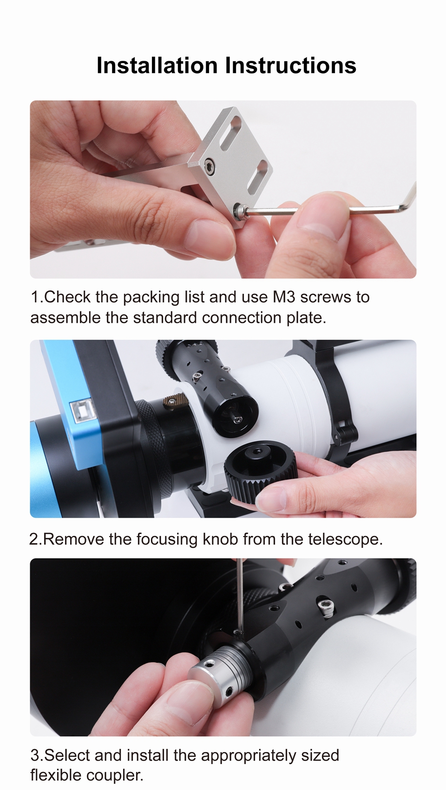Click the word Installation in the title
click(x=157, y=65)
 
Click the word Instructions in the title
click(x=291, y=65)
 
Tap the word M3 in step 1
click(x=284, y=297)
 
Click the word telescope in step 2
click(x=345, y=539)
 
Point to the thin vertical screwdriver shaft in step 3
click(x=239, y=596)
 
